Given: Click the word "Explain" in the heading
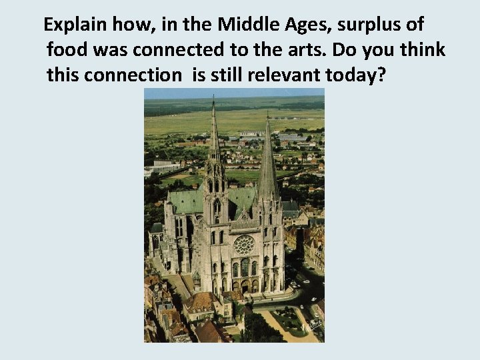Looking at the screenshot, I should coord(71,26).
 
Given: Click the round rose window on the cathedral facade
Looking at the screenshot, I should coord(245,244).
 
